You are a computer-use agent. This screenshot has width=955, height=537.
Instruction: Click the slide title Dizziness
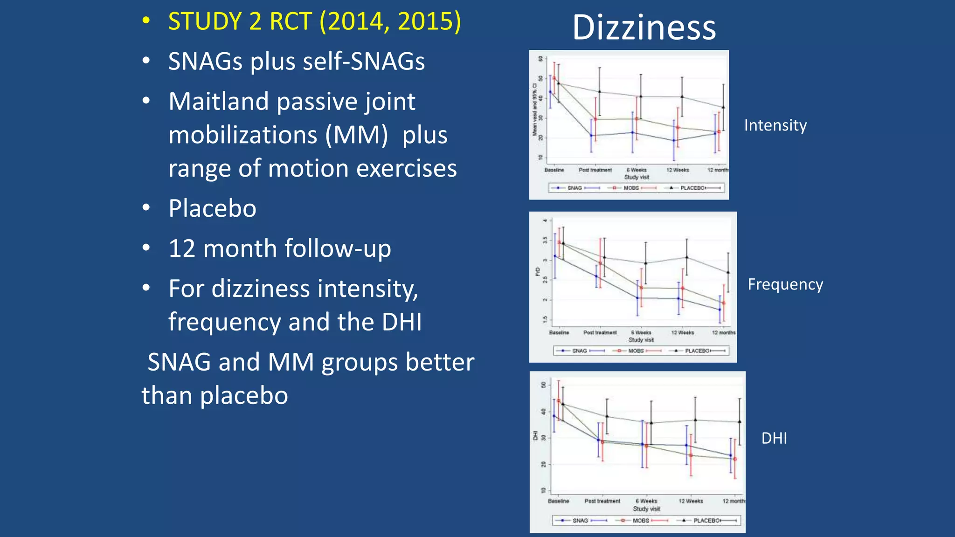644,28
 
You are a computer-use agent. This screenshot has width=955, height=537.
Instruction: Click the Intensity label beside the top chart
775,125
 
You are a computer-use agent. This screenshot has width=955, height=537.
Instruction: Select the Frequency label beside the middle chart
785,284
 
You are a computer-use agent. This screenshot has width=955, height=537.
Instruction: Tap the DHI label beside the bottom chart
774,438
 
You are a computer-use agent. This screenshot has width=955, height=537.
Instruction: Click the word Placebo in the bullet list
212,208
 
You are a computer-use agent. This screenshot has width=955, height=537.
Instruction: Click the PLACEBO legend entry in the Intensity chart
692,188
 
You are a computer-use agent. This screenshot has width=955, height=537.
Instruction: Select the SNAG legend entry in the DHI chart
580,520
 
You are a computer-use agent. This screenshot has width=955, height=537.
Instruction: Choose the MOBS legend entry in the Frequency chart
636,351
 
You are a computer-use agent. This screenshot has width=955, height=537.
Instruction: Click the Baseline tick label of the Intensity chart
554,170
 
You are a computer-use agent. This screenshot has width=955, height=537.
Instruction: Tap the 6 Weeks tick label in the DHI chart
646,501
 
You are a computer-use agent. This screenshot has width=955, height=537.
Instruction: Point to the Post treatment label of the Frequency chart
600,333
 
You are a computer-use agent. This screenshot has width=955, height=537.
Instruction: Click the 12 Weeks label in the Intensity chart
677,170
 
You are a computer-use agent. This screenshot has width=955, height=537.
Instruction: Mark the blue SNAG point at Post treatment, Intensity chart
591,136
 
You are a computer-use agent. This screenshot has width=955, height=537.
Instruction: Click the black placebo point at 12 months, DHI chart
739,422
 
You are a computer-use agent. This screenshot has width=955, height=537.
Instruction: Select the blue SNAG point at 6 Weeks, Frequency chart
637,298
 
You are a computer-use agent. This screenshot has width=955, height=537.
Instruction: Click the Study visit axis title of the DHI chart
646,509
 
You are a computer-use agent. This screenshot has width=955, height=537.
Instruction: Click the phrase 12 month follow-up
280,248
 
